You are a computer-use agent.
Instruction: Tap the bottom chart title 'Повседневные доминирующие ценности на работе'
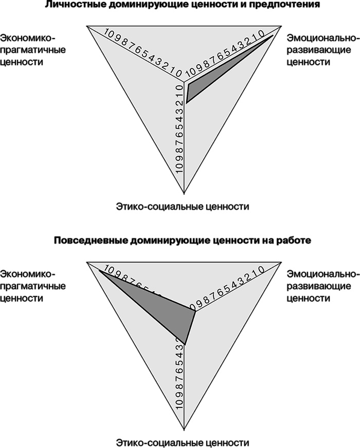pyautogui.click(x=179, y=240)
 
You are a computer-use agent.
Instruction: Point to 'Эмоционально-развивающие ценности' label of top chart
pyautogui.click(x=321, y=50)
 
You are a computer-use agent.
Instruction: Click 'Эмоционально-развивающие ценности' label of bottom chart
pyautogui.click(x=321, y=286)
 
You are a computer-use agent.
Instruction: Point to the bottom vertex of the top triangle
pyautogui.click(x=184, y=196)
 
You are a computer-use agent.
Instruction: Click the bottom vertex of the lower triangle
pyautogui.click(x=184, y=431)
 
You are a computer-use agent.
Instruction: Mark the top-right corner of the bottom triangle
pyautogui.click(x=281, y=260)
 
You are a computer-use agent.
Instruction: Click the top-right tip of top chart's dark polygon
pyautogui.click(x=274, y=35)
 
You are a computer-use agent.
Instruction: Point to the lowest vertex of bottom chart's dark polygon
pyautogui.click(x=184, y=344)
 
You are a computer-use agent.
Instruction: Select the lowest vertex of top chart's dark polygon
pyautogui.click(x=186, y=104)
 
